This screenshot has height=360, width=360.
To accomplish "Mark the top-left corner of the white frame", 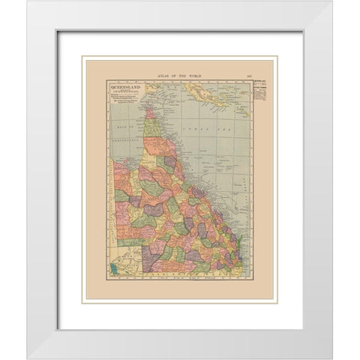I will [28, 2].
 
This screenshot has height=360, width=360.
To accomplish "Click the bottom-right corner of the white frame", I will [331, 358].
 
